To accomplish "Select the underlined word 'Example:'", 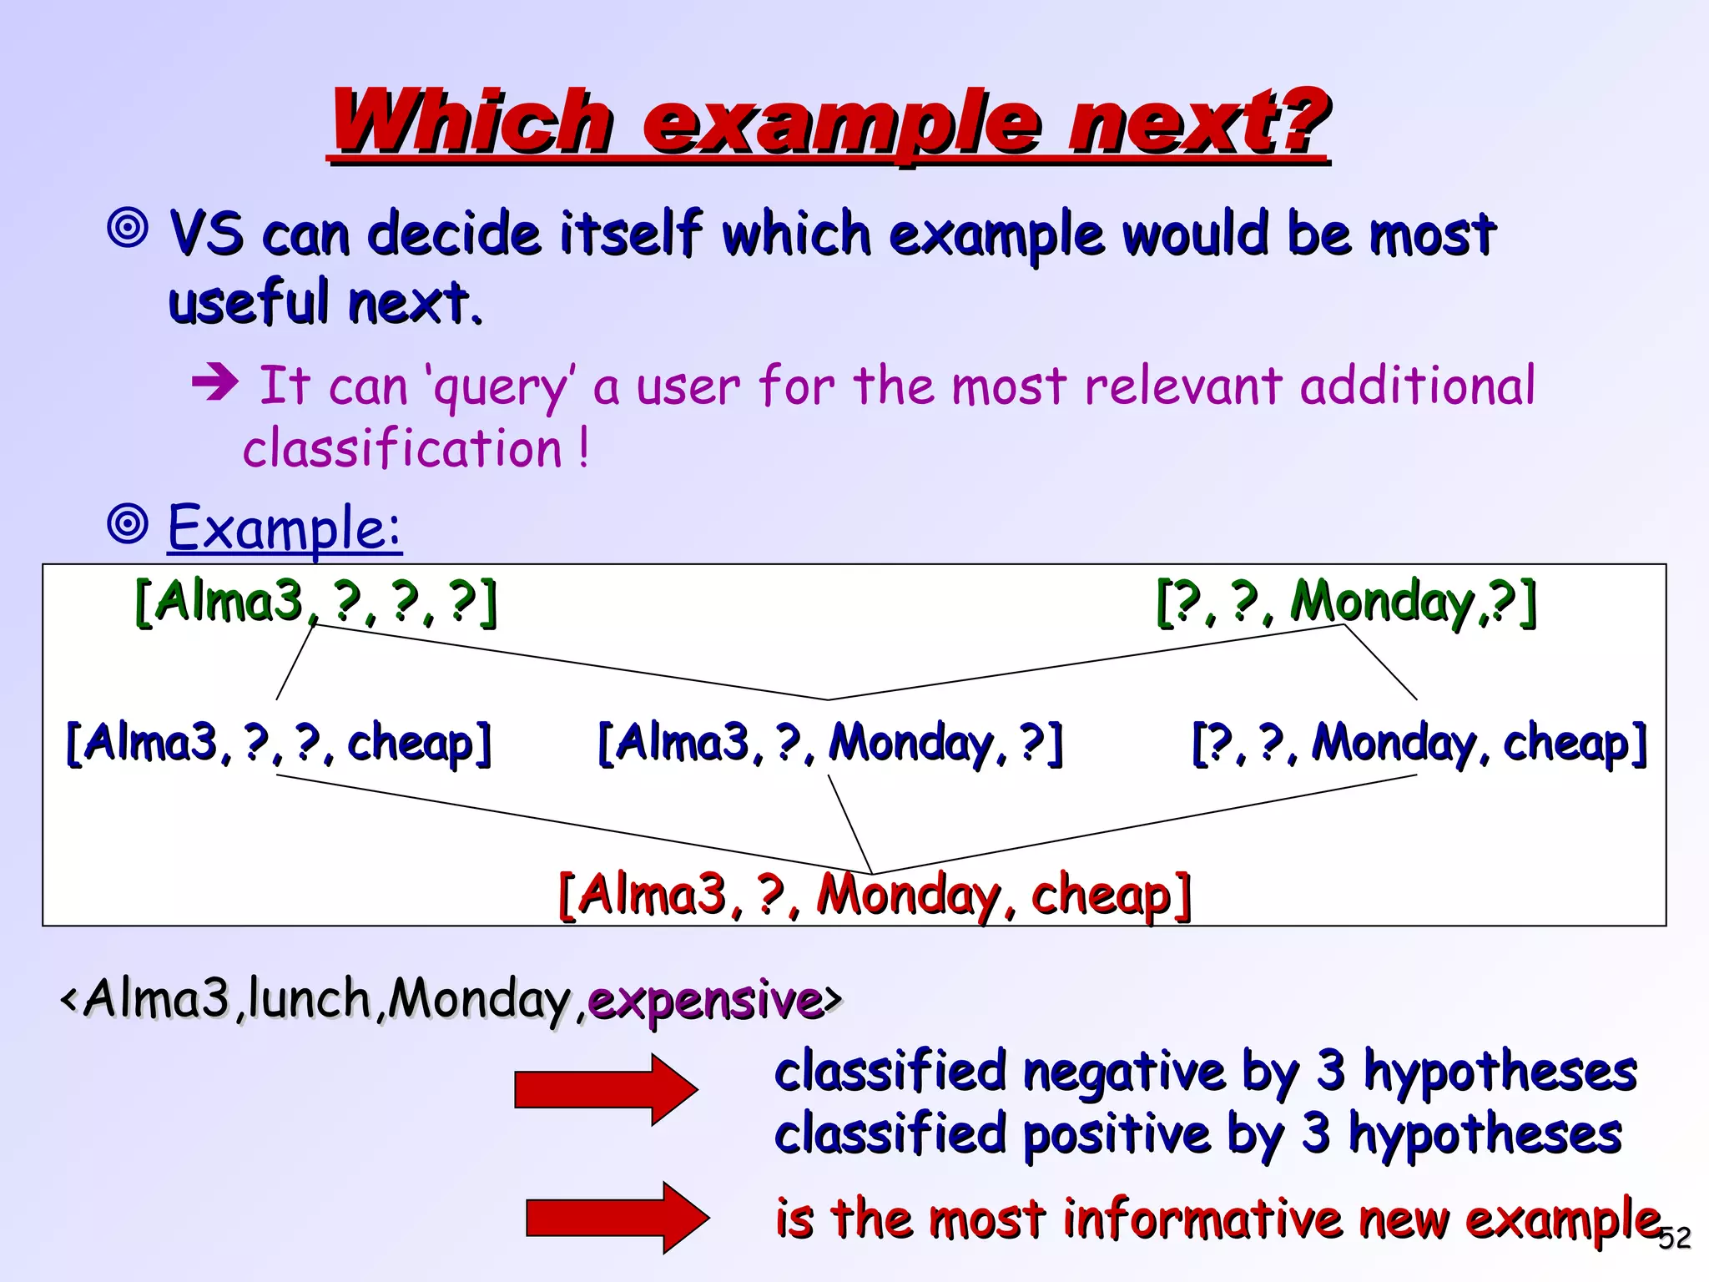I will pos(285,527).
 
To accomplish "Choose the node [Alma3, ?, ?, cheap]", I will pos(278,742).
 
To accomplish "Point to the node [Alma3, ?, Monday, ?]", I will pos(830,742).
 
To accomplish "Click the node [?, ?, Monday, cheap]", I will pos(1419,742).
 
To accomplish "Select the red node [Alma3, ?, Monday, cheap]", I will pos(874,895).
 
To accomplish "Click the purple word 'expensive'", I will pos(705,999).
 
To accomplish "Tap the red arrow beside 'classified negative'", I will pos(606,1089).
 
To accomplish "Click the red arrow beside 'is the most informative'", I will pos(618,1218).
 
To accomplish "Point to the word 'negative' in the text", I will pos(1124,1072).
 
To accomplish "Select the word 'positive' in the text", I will pos(1116,1135).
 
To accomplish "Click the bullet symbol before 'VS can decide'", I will pos(129,227).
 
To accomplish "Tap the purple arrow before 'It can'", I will pos(215,383).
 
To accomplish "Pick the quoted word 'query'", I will pos(500,387).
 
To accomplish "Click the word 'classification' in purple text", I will pos(402,448).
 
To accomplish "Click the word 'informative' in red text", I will pos(1202,1218).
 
